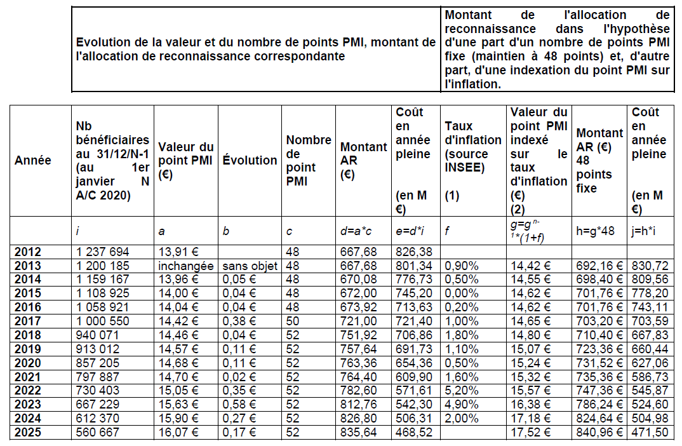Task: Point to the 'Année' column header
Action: click(x=33, y=161)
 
